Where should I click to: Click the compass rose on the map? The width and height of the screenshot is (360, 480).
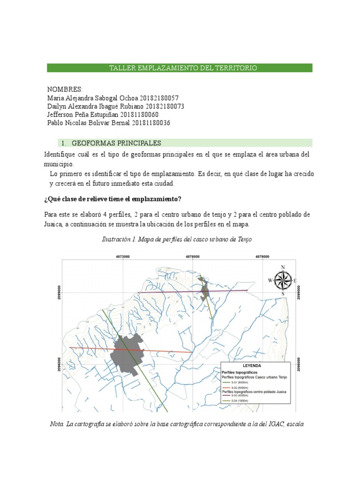coord(283,280)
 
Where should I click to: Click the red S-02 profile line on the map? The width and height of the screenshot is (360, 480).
coord(164,350)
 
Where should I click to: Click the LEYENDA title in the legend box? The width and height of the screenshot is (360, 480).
coord(252,365)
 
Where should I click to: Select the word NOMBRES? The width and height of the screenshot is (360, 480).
coord(65,90)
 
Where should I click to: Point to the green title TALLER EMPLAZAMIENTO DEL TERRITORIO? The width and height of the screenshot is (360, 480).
coord(183,68)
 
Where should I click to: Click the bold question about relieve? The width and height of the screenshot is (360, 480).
coord(112,199)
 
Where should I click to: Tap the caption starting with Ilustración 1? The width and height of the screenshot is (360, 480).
coord(177,239)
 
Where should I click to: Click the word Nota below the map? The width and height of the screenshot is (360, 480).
coord(57,424)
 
